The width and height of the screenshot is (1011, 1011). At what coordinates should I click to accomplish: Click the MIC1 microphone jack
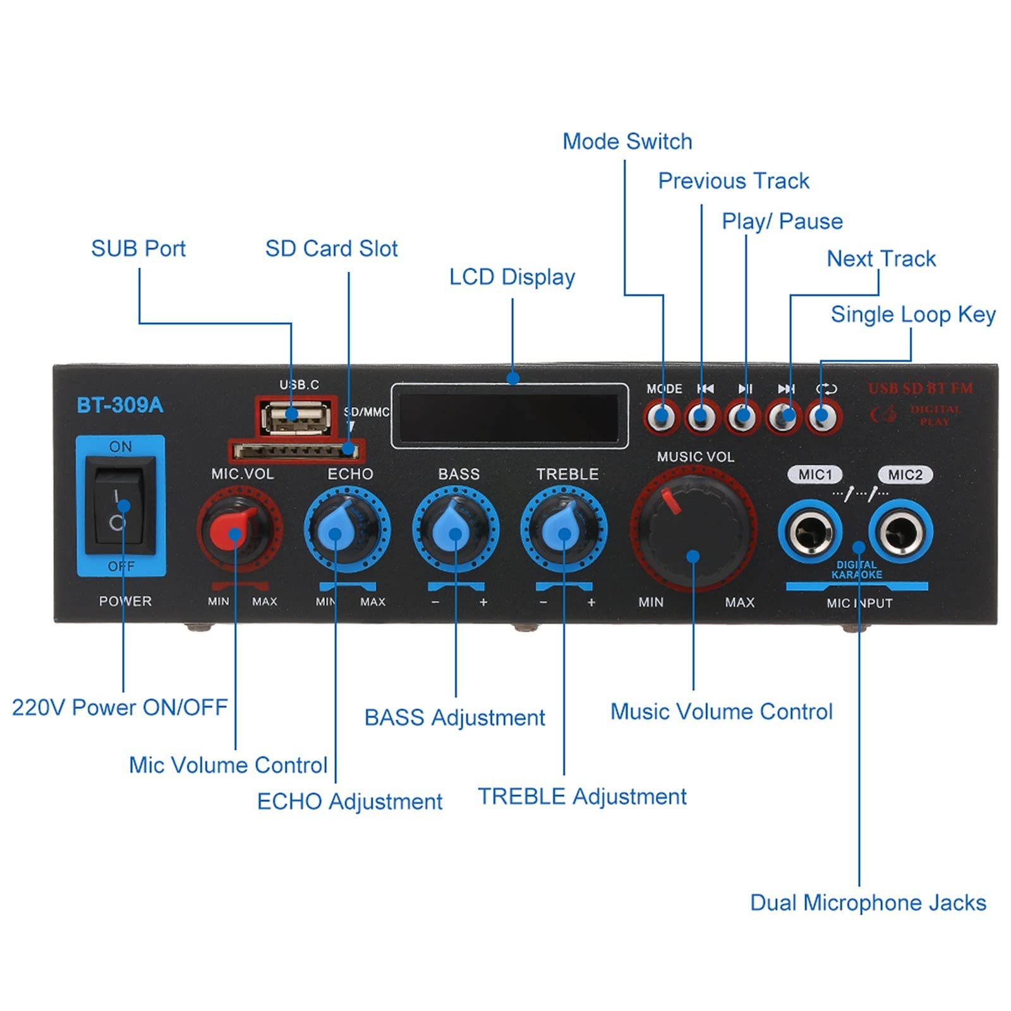coord(810,532)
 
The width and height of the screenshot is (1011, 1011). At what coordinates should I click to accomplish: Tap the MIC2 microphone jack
coord(900,532)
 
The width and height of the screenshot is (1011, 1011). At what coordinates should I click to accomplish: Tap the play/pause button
coord(742,417)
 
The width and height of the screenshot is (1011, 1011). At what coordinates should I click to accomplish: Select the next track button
coord(784,417)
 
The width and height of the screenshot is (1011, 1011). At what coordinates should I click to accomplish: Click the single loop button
coord(822,417)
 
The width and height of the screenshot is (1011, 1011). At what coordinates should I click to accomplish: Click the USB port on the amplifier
coord(296,416)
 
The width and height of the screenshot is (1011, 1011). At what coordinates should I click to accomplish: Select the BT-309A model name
coord(119,405)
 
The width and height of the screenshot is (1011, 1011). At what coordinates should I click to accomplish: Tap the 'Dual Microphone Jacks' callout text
coord(868,902)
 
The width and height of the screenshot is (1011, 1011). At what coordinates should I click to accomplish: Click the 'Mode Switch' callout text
coord(627,141)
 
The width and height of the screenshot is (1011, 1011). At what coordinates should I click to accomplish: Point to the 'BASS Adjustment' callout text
coord(454,718)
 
